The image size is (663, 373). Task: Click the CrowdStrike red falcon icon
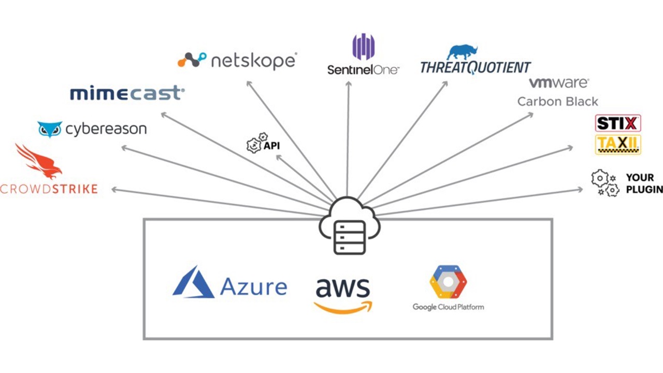39,161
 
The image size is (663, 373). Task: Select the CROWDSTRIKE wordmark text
49,189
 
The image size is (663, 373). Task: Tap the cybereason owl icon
50,129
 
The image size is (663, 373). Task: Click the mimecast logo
127,93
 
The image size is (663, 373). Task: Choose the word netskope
254,61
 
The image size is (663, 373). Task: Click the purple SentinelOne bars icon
363,47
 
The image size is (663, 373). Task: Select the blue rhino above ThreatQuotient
462,52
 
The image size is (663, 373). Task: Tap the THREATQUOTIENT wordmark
475,67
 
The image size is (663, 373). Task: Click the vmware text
558,82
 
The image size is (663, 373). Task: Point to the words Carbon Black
557,101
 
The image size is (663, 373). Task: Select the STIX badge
618,123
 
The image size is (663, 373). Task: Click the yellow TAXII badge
618,144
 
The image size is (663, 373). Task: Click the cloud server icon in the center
349,227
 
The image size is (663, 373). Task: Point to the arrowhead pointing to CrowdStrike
114,190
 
